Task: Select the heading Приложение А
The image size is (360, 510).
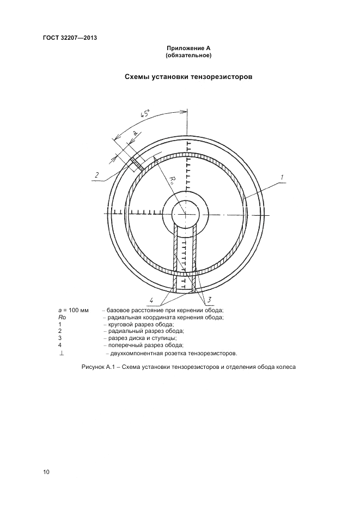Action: coord(188,48)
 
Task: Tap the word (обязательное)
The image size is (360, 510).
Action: coord(188,56)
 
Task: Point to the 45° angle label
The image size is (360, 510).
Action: coord(145,114)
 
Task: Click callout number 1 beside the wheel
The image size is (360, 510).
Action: coord(282,178)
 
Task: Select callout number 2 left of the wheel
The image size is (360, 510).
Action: coord(96,175)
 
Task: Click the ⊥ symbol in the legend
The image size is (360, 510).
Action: coord(62,353)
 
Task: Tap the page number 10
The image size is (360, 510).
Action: coord(46,472)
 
